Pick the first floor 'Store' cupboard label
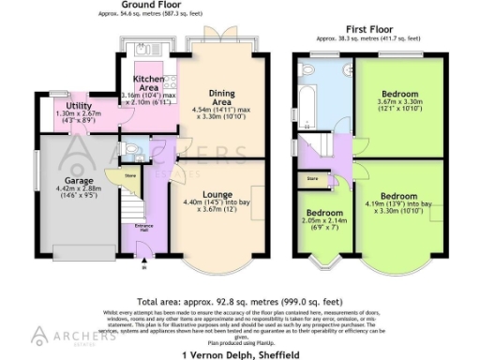point(312,176)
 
